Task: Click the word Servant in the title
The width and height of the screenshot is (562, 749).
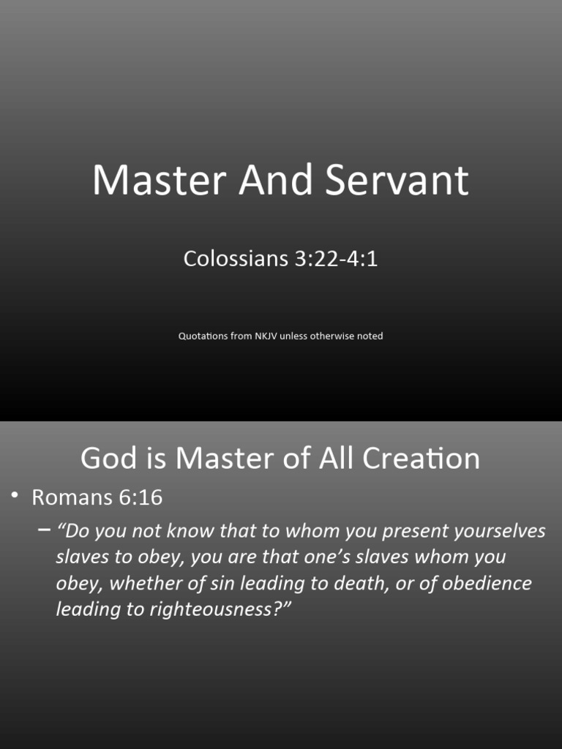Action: (x=397, y=180)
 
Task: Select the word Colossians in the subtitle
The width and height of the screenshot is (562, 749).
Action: (x=236, y=258)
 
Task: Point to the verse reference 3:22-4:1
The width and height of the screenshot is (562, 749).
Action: (x=336, y=258)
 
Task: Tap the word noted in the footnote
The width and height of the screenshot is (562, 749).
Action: (x=369, y=336)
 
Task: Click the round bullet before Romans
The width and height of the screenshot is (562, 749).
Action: (x=15, y=496)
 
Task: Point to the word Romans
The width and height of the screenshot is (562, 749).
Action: (x=71, y=497)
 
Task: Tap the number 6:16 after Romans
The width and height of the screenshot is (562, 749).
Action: (x=139, y=497)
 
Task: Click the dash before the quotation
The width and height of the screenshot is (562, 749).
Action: (x=44, y=530)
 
